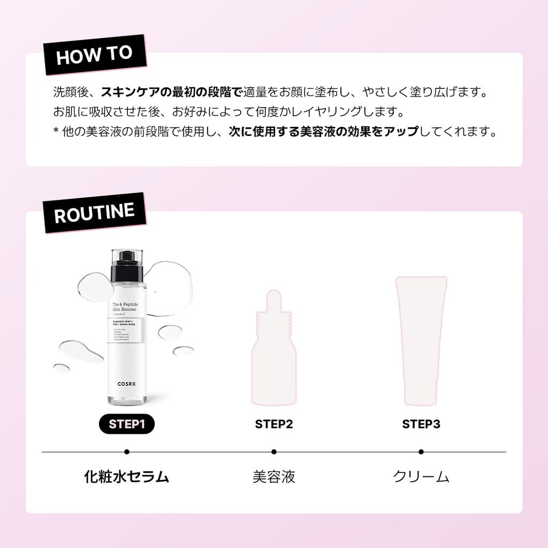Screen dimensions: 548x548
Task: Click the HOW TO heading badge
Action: [94, 56]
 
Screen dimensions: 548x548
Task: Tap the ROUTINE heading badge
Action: [94, 213]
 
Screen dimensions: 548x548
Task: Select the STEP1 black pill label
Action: [126, 424]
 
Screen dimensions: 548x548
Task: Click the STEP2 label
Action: [274, 424]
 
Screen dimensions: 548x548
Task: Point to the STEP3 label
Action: [421, 424]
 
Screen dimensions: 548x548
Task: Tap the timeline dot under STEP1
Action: [126, 452]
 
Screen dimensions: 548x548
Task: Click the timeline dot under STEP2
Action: [274, 452]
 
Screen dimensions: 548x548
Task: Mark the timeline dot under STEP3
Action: [421, 452]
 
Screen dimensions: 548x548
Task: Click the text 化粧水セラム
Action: [127, 477]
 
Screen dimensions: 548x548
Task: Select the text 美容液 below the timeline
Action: [274, 477]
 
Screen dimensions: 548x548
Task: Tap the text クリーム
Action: [421, 477]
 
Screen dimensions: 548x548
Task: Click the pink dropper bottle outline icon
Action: [274, 348]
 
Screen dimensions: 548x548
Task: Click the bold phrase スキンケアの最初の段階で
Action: [172, 92]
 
